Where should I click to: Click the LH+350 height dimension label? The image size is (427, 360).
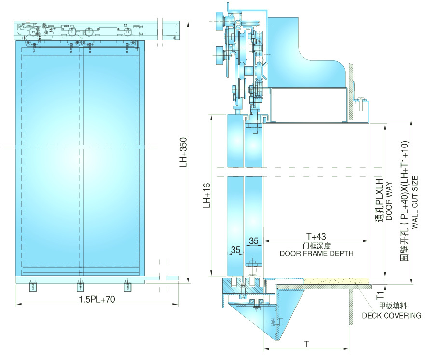coord(184,152)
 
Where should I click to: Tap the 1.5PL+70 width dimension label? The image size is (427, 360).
coord(96,299)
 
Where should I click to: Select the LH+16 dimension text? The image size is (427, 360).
coord(207,196)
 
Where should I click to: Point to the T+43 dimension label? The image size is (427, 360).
coord(316,236)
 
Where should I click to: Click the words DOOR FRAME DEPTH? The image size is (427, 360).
coord(317,253)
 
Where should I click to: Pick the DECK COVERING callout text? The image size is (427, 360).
coord(391,316)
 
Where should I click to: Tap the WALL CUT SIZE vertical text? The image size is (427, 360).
coord(414,202)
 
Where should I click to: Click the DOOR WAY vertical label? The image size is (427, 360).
coord(389,201)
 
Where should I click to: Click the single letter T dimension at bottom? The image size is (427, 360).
coord(306,344)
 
